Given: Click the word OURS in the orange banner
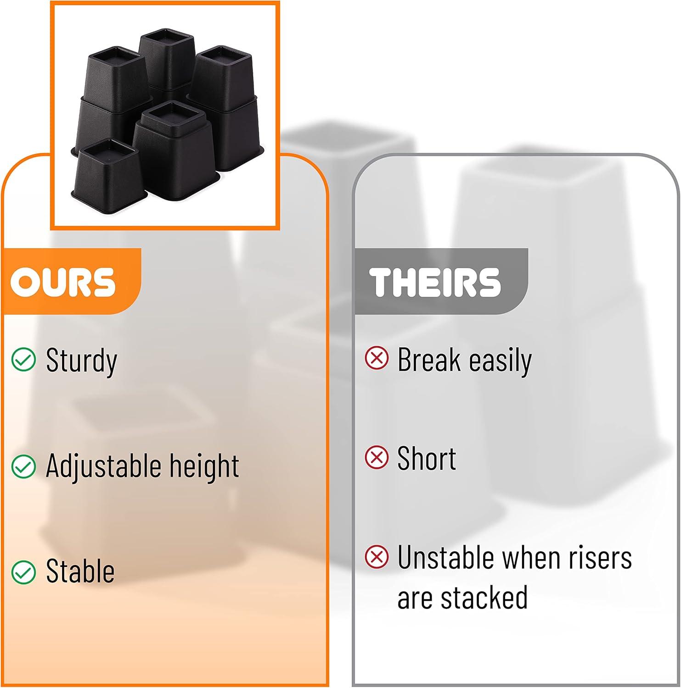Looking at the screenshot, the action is click(x=63, y=281).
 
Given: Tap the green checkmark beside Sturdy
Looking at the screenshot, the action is click(x=23, y=359).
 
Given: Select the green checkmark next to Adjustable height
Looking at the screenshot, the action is click(x=23, y=466).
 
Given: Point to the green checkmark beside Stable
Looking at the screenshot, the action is click(x=23, y=572).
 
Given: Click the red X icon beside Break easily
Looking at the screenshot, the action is click(x=377, y=358).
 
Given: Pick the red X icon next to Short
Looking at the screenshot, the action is click(x=377, y=457).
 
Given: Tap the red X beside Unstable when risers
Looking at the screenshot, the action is click(x=377, y=557).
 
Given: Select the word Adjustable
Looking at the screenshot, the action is click(x=103, y=466).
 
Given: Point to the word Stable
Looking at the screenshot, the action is click(x=80, y=571).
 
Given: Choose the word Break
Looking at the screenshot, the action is click(x=429, y=359).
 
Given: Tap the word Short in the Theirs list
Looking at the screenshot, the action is click(x=427, y=458).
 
